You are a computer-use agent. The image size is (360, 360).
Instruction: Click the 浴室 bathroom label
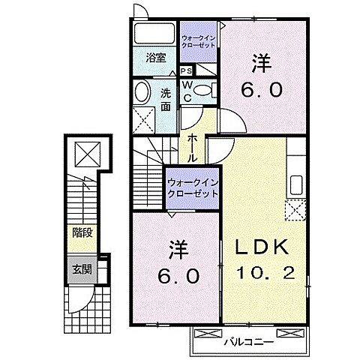point(155,57)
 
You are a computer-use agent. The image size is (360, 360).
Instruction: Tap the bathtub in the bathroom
point(154,34)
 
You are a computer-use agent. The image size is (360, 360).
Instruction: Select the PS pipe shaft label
point(185,70)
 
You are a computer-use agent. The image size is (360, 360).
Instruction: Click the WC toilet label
point(187,91)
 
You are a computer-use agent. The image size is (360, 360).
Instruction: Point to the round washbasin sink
point(142,93)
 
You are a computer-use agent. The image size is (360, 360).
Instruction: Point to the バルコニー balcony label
point(247,341)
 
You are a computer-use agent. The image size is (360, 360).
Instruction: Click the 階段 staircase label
point(82,233)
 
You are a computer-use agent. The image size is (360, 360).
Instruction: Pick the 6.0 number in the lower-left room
point(177,276)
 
